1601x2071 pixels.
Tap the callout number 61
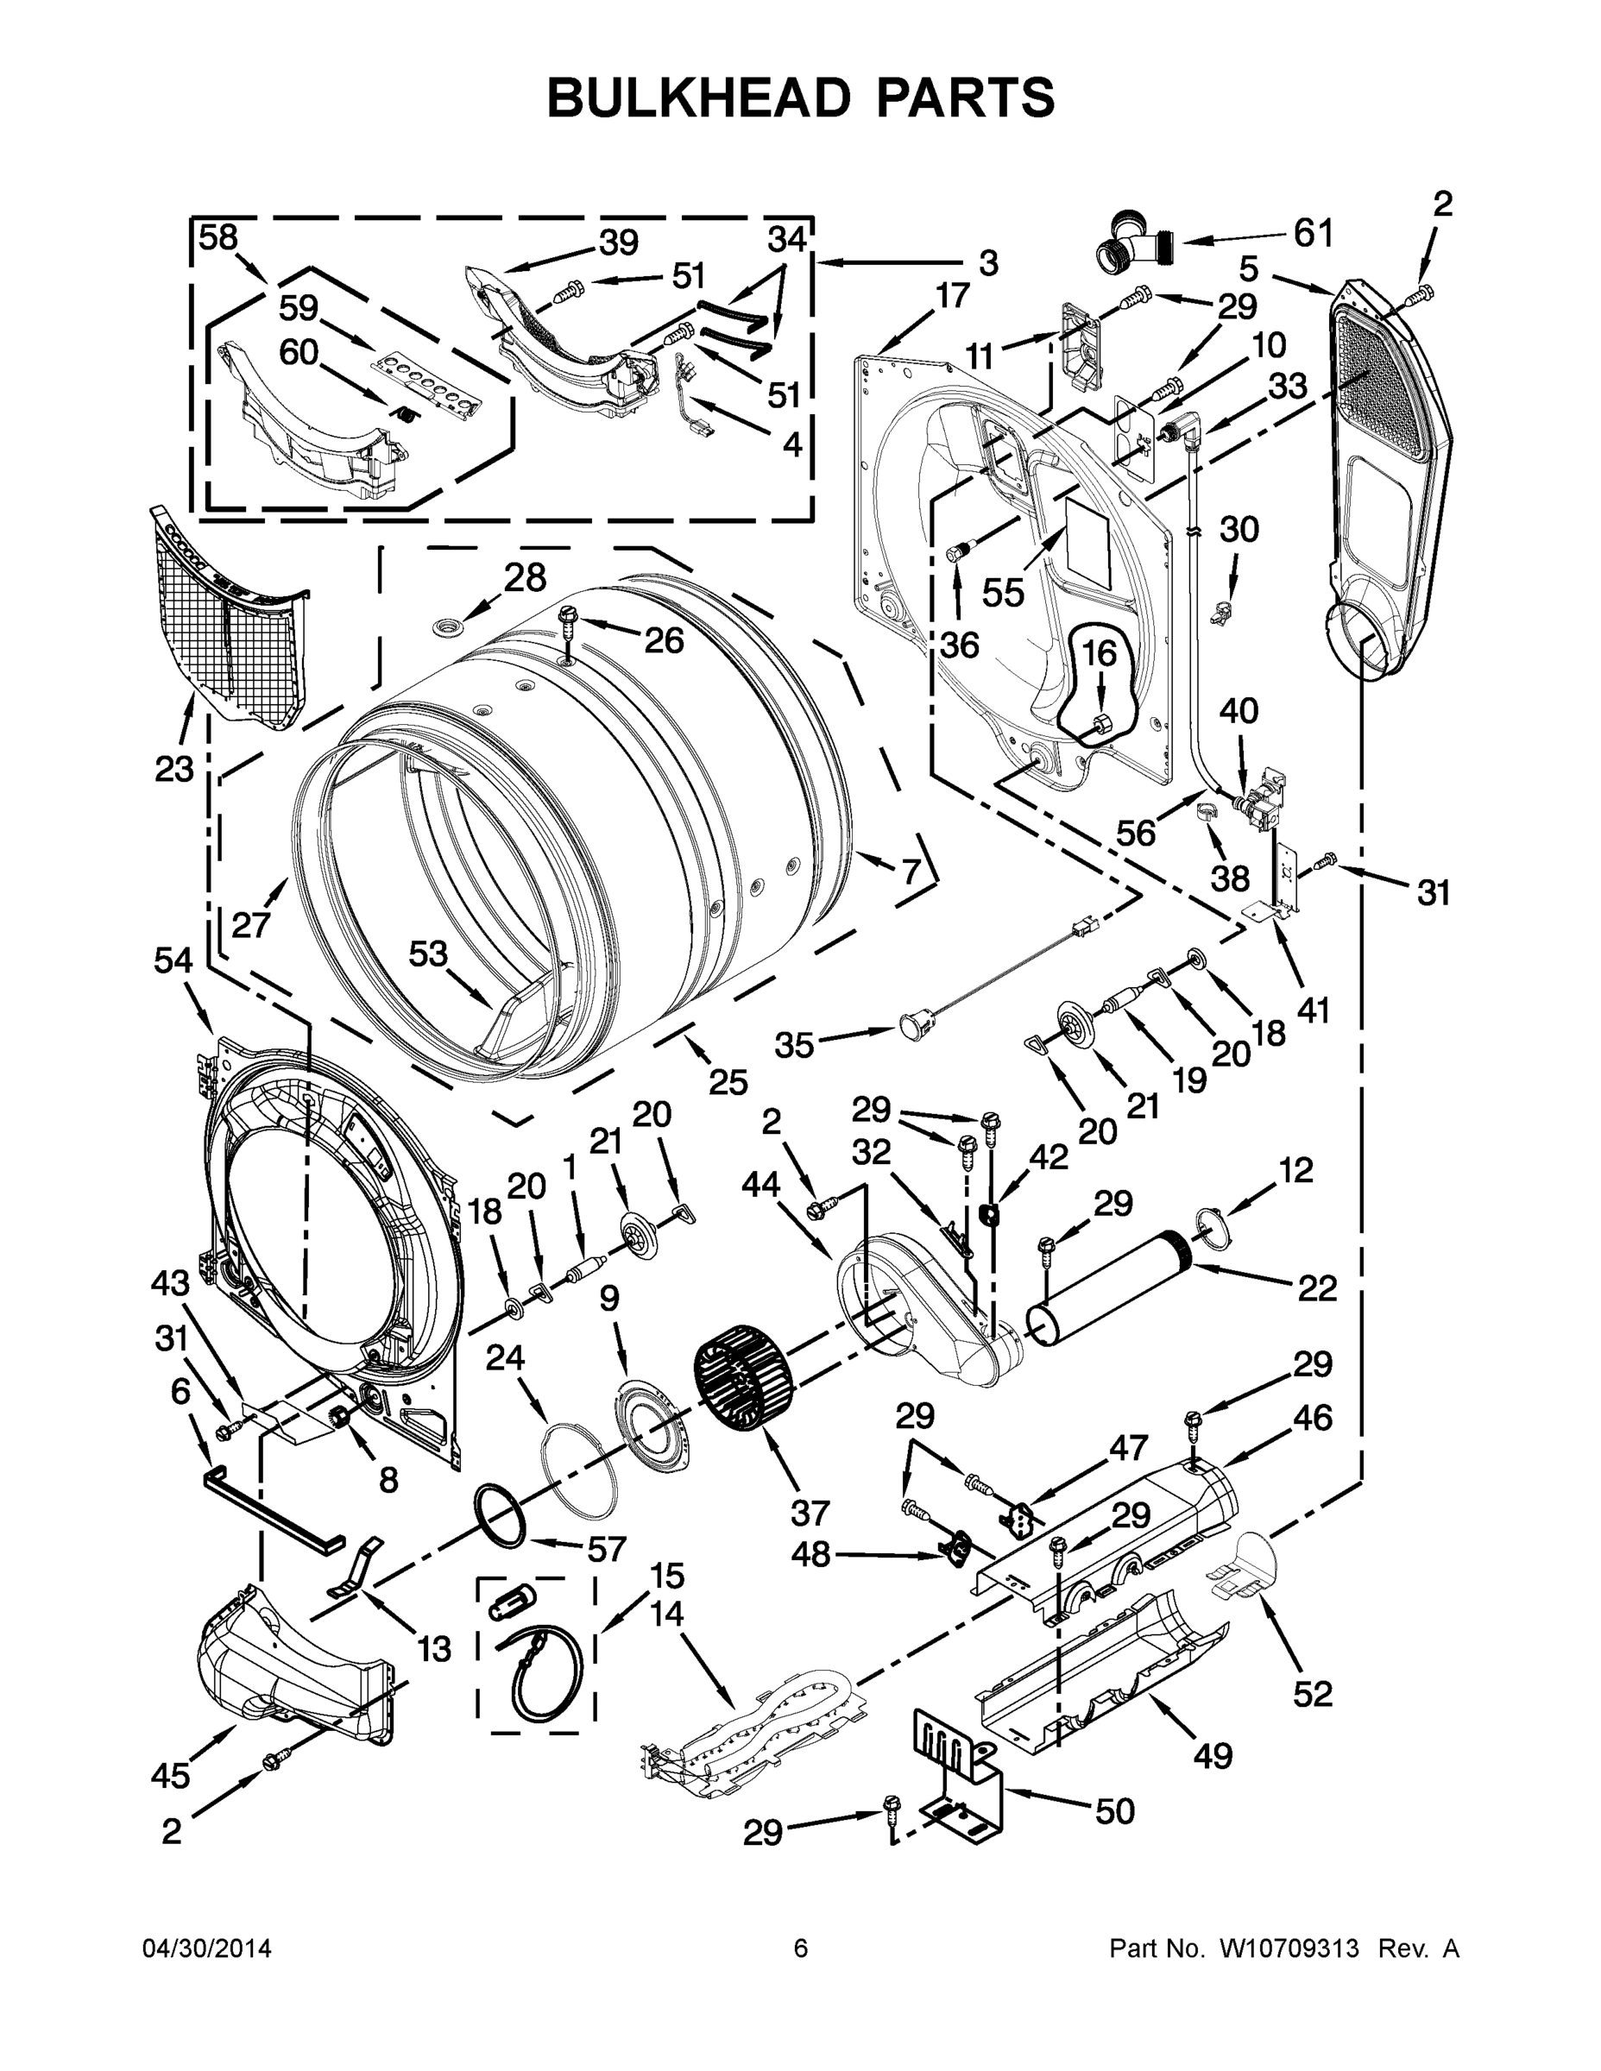(x=1313, y=232)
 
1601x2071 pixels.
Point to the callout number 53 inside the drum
(x=427, y=953)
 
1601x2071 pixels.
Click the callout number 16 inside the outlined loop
(x=1100, y=653)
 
